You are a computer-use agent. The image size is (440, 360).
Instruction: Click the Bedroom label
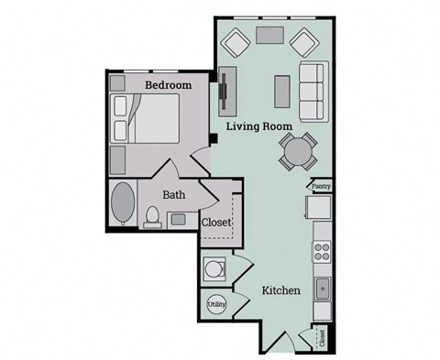coord(168,85)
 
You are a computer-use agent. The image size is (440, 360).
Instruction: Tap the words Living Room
coord(260,126)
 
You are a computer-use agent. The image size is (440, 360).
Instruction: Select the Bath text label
coord(175,194)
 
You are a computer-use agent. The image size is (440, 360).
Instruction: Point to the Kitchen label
coord(281,290)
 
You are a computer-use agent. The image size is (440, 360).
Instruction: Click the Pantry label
coord(320,186)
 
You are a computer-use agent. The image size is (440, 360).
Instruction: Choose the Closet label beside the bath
coord(216,222)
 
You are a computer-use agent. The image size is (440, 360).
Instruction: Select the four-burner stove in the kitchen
coord(322,250)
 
